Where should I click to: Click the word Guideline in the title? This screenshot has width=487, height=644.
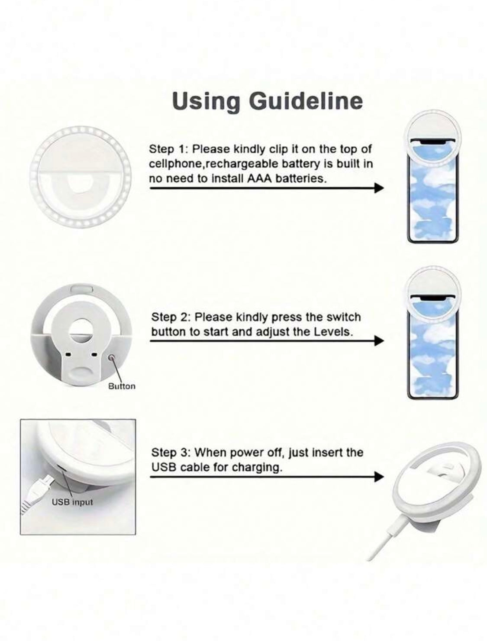point(306,101)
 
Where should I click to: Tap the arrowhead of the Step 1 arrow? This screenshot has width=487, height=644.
point(379,188)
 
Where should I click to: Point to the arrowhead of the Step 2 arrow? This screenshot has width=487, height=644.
point(379,341)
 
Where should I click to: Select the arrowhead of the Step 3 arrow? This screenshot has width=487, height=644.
point(379,476)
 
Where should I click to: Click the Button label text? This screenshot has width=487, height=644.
point(122,386)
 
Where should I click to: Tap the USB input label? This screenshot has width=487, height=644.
point(72,502)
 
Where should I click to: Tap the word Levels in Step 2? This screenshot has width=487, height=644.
point(333,332)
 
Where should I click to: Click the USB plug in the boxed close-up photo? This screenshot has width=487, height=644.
point(39,488)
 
